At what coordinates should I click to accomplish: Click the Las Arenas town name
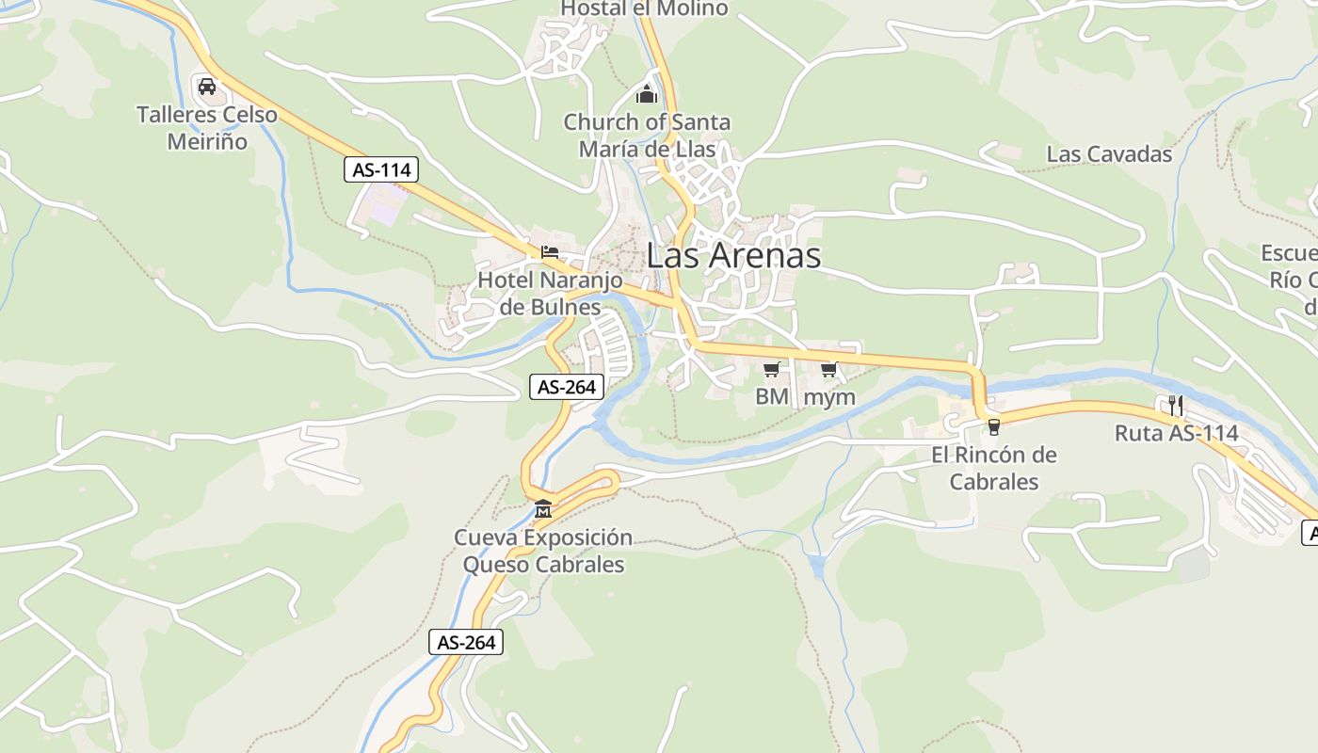(733, 255)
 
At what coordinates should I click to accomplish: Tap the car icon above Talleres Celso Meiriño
(207, 87)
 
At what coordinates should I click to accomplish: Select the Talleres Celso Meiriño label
(207, 128)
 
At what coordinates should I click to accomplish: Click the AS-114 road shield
(381, 170)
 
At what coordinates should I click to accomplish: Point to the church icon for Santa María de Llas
(647, 93)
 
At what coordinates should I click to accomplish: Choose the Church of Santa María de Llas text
(647, 136)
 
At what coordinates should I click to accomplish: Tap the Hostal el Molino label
(645, 8)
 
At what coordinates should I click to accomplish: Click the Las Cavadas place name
(1109, 154)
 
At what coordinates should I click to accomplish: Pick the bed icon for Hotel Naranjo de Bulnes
(550, 251)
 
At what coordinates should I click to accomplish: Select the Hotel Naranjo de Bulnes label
(550, 294)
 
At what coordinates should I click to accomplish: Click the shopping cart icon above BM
(772, 369)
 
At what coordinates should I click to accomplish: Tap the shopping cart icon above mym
(828, 369)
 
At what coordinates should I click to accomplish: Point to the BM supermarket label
(772, 396)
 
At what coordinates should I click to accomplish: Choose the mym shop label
(829, 397)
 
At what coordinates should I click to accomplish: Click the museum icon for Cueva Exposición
(543, 509)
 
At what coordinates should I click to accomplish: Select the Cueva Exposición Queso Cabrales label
(543, 552)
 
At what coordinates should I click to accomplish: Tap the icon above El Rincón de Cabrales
(993, 427)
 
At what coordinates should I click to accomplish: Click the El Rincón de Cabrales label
(993, 469)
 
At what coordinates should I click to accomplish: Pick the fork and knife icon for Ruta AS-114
(1175, 406)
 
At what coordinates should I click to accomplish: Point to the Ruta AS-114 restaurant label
(1176, 434)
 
